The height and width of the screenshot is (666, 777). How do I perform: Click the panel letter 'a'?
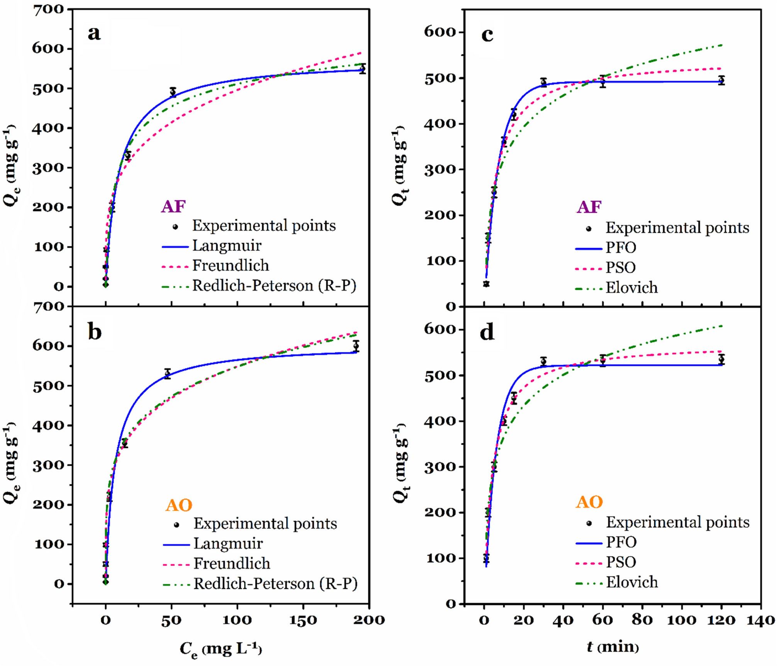click(94, 34)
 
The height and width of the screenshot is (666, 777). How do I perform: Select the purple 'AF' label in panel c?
click(589, 207)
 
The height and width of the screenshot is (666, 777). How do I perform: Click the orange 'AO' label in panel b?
click(179, 505)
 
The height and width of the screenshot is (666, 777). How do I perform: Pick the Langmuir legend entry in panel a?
click(227, 245)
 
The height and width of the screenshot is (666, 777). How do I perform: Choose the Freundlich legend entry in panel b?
click(232, 563)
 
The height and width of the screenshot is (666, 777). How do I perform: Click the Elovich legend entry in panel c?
click(631, 287)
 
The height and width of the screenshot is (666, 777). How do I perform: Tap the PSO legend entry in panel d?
click(621, 562)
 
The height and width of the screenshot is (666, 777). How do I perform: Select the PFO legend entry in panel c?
click(621, 247)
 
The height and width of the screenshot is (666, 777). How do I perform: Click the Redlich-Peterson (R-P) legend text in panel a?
click(274, 286)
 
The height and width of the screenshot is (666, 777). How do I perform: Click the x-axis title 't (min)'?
click(613, 646)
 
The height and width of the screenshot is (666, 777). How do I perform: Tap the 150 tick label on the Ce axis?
click(303, 620)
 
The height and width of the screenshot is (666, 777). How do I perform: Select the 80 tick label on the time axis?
click(642, 620)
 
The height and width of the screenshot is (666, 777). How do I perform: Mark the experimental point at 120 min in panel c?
click(721, 80)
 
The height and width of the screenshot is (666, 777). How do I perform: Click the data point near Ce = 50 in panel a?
click(173, 92)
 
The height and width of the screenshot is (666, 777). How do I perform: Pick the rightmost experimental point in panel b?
click(356, 346)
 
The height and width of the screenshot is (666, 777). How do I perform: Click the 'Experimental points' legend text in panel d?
click(677, 522)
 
